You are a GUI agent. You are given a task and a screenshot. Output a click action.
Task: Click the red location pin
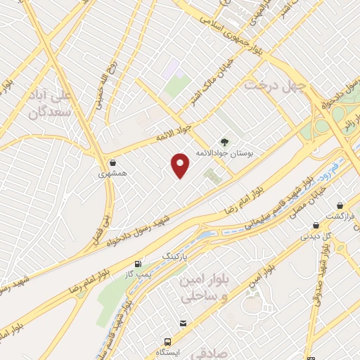tap(181, 165)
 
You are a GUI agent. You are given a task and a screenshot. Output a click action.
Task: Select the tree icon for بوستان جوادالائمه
tap(224, 141)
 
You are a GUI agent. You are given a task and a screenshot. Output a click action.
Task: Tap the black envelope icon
tap(183, 323)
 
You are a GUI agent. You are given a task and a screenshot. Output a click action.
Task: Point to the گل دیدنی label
tap(315, 236)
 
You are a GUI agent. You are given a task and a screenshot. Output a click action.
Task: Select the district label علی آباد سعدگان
tap(46, 103)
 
